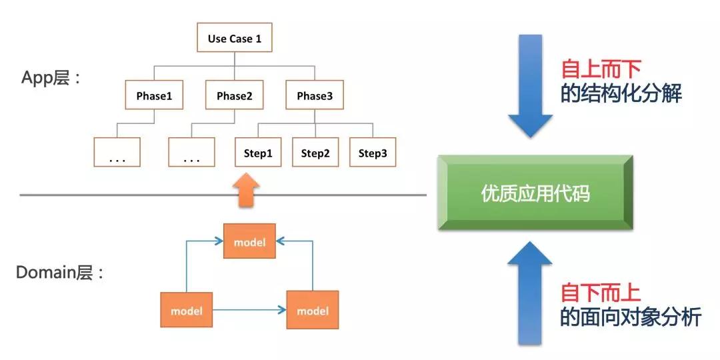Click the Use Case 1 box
[x=234, y=39]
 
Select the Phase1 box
[x=154, y=96]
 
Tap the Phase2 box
[x=234, y=96]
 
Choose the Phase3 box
[x=314, y=96]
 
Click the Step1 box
[x=258, y=153]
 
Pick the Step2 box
[x=315, y=153]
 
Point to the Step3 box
[x=373, y=153]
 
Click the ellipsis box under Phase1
[x=117, y=153]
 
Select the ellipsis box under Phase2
[x=191, y=153]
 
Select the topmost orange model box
[x=249, y=241]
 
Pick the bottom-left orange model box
[x=186, y=310]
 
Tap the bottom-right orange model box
[x=312, y=310]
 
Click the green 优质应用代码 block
[x=535, y=193]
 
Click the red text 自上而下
[x=600, y=69]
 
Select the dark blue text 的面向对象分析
[x=630, y=318]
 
